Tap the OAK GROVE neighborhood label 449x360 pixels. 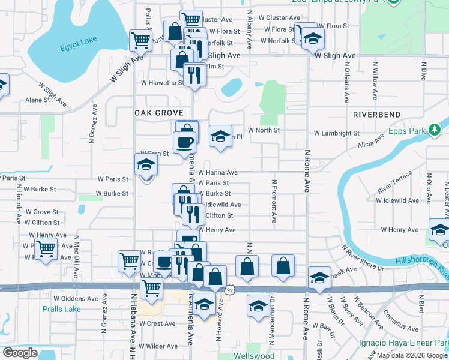coord(154,113)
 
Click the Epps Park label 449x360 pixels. coord(406,130)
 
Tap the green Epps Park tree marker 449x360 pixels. coord(434,130)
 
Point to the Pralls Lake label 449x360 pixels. coord(61,310)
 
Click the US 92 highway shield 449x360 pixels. coord(230,290)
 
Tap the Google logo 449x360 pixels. coord(20,352)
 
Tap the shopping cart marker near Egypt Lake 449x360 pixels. coord(140,41)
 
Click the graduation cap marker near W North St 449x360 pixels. coord(220,136)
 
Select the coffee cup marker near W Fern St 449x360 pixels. coord(184,142)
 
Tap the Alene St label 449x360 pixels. coord(37,100)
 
